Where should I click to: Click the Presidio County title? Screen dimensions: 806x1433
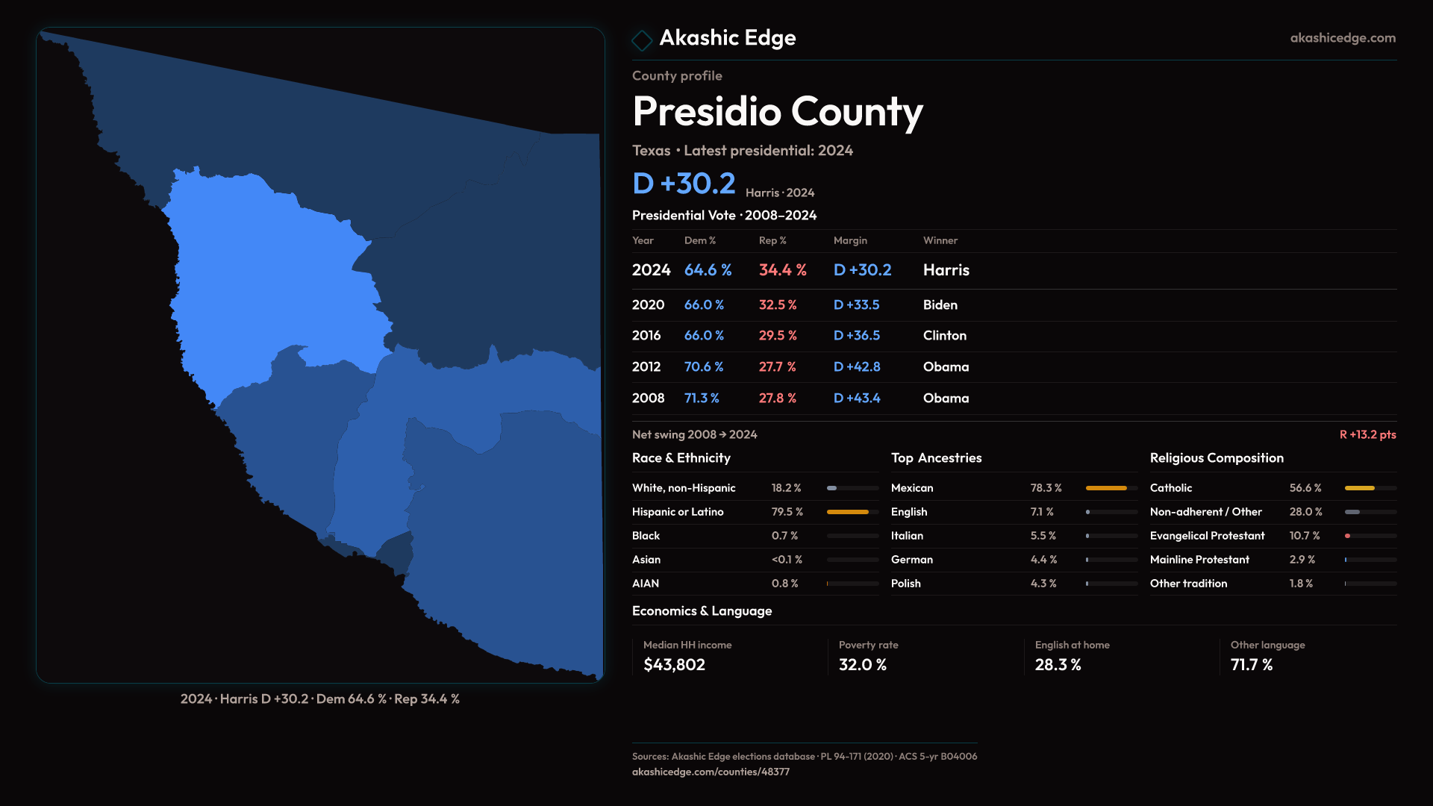tap(777, 112)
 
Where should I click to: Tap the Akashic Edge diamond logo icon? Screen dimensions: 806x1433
tap(642, 40)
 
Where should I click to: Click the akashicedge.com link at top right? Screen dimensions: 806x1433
tap(1342, 38)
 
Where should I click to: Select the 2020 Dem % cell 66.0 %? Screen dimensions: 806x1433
tap(704, 305)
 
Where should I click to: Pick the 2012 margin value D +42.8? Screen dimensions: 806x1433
tap(856, 367)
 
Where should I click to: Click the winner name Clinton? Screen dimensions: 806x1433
tap(944, 336)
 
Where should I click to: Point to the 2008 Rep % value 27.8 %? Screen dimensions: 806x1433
tap(777, 399)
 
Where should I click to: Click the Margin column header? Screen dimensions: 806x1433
tap(850, 240)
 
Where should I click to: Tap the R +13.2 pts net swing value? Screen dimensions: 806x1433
tap(1367, 434)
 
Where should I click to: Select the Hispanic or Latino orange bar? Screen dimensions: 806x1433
tap(847, 512)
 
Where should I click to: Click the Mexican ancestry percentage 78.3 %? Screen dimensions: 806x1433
tap(1046, 488)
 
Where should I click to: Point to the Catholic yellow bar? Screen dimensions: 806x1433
tap(1359, 488)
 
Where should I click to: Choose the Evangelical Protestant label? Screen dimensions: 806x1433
tap(1207, 536)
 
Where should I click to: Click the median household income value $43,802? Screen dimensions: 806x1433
tap(674, 665)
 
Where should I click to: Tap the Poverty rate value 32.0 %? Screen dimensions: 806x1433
tap(862, 665)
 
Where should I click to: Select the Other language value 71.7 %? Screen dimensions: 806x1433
tap(1251, 665)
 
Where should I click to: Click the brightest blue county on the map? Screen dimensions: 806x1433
tap(276, 284)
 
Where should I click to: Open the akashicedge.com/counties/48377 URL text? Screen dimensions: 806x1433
tap(710, 772)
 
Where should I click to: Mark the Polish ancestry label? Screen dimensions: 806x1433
tap(905, 584)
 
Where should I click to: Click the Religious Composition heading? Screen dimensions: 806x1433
tap(1216, 458)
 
